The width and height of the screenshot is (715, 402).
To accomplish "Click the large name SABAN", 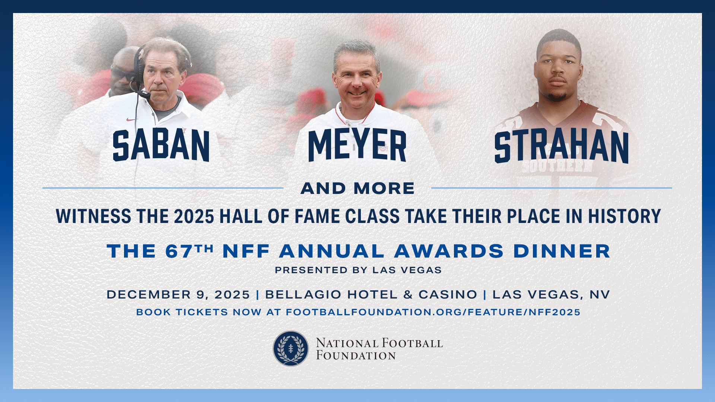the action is tap(161, 146).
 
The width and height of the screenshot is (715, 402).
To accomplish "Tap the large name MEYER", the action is tap(357, 145).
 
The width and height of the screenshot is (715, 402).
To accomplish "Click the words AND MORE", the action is tap(357, 188).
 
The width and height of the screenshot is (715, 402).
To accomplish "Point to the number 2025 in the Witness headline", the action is tap(194, 216).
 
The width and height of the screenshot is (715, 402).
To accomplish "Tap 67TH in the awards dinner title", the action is tap(190, 251).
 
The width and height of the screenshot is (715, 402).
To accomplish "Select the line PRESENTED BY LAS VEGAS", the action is tap(358, 270).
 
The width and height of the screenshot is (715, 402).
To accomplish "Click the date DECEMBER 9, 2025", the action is tap(178, 295).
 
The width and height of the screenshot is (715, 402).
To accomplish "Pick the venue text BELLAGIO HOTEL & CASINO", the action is tap(371, 295).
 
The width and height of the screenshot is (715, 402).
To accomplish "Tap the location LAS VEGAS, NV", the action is tap(551, 295).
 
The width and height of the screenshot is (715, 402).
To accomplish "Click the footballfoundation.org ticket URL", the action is tap(433, 312).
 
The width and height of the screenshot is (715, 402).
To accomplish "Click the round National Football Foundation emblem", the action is tap(291, 348).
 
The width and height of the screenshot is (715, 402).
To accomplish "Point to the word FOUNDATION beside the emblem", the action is tap(356, 355).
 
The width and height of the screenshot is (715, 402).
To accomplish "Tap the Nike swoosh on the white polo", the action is tap(131, 120).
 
